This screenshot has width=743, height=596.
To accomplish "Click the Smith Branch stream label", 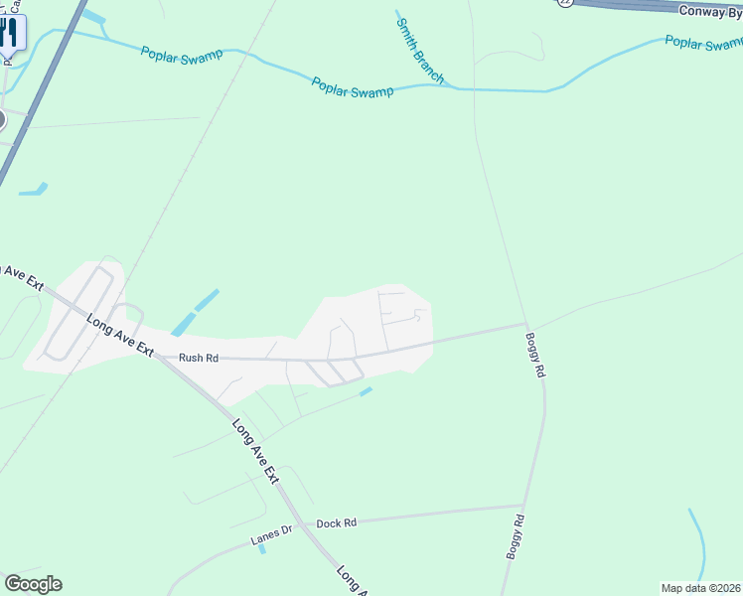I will pyautogui.click(x=419, y=48).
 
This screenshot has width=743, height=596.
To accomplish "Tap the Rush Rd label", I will pyautogui.click(x=198, y=358).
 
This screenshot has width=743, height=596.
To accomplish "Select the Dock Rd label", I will pyautogui.click(x=336, y=522).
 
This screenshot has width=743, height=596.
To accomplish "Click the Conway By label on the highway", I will pyautogui.click(x=710, y=11).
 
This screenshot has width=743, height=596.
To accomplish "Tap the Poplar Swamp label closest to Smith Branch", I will pyautogui.click(x=352, y=87).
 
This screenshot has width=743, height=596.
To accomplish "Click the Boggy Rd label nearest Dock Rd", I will pyautogui.click(x=516, y=537).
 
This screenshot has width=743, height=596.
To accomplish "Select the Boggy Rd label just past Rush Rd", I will pyautogui.click(x=537, y=355).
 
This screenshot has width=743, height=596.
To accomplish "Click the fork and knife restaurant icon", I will pyautogui.click(x=9, y=32).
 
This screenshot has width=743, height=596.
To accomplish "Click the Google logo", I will pyautogui.click(x=33, y=584).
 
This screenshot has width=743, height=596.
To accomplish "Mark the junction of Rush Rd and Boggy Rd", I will pyautogui.click(x=524, y=323).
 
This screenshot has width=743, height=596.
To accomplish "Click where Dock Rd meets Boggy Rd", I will pyautogui.click(x=523, y=506).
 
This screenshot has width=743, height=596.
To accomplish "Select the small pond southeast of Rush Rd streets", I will pyautogui.click(x=366, y=391).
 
